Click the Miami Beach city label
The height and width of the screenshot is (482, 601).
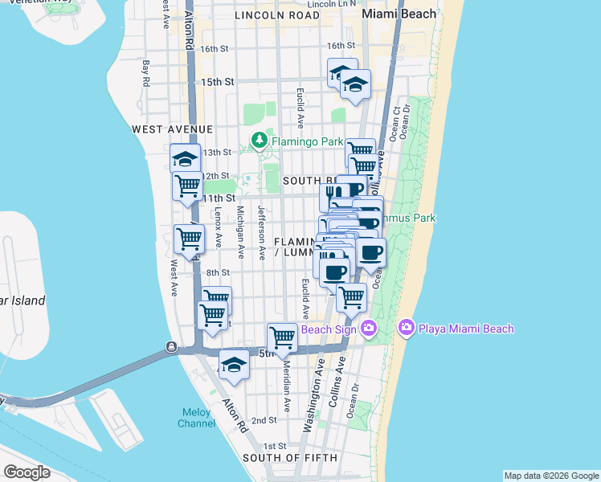399,14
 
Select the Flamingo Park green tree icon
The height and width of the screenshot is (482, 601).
260,141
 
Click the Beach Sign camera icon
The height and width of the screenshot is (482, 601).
369,328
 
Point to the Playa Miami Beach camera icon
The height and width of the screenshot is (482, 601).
406,328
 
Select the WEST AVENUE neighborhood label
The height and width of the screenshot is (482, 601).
173,129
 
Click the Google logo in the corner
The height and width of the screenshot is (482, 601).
26,472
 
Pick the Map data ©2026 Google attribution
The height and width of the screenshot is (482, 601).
551,476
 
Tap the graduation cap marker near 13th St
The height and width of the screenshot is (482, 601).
185,158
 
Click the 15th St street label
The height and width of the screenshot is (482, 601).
217,82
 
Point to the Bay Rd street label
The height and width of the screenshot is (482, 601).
146,72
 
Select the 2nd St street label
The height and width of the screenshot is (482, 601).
264,420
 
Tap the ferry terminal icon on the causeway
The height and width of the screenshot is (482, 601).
171,346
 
